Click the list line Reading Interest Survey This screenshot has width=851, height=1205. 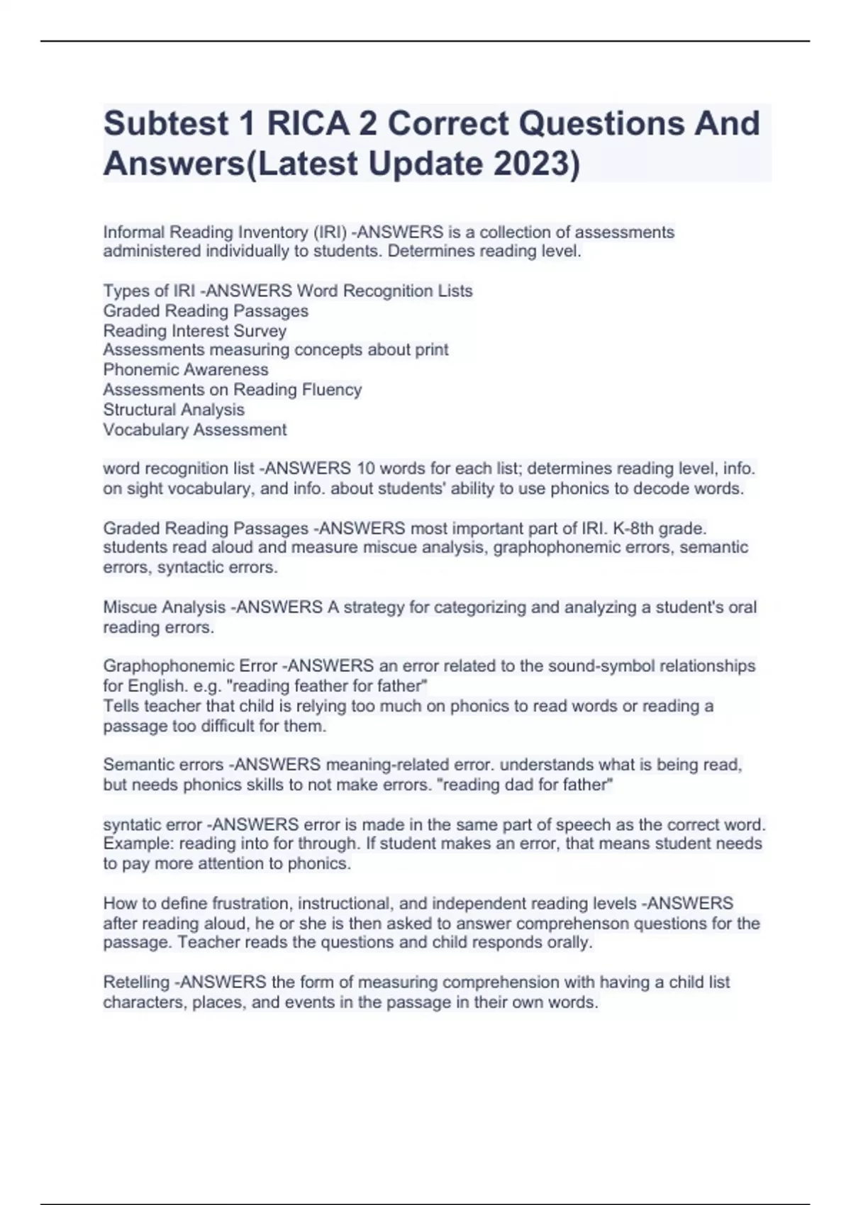point(195,331)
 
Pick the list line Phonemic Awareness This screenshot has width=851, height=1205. point(186,370)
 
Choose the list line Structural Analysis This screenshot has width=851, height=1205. point(174,410)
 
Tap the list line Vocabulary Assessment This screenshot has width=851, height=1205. point(195,430)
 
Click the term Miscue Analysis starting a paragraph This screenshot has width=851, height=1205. point(165,607)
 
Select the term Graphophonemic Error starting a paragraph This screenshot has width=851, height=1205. point(190,666)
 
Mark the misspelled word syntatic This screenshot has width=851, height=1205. point(133,825)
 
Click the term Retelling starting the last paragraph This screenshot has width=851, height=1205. point(137,982)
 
